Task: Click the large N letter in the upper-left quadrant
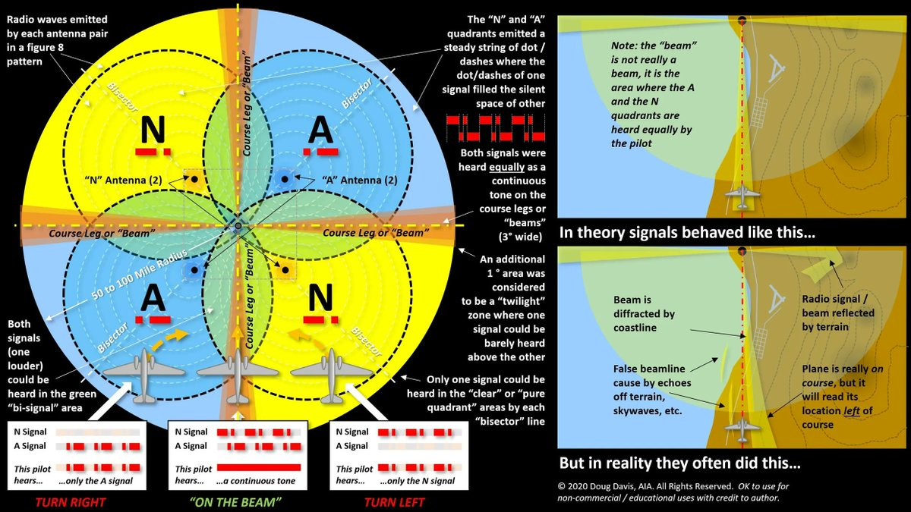pyautogui.click(x=153, y=130)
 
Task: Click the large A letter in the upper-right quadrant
pyautogui.click(x=320, y=130)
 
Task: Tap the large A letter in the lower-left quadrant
pyautogui.click(x=153, y=297)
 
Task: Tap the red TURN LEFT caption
pyautogui.click(x=394, y=502)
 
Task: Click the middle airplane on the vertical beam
pyautogui.click(x=238, y=374)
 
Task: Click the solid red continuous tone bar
pyautogui.click(x=258, y=467)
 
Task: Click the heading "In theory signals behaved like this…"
pyautogui.click(x=687, y=234)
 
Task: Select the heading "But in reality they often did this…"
pyautogui.click(x=679, y=462)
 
